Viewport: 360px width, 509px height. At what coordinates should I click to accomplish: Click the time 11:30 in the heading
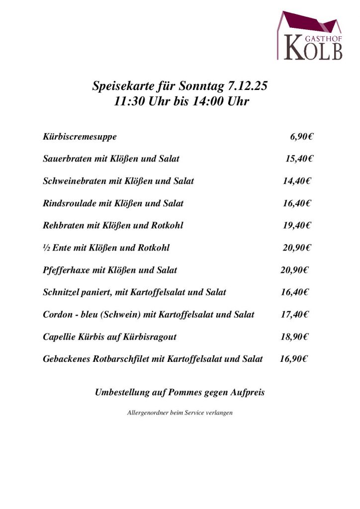tap(128, 102)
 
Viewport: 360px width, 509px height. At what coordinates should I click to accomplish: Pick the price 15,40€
tap(299, 159)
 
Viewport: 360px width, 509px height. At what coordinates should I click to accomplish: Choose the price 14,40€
tap(297, 181)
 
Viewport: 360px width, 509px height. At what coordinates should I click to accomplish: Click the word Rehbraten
tap(64, 225)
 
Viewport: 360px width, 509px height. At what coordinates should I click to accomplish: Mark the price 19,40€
tap(297, 225)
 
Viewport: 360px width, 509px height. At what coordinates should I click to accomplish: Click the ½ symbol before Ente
tap(46, 248)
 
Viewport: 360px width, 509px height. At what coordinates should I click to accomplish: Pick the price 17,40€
tap(295, 315)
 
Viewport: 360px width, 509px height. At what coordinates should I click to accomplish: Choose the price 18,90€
tap(295, 337)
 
